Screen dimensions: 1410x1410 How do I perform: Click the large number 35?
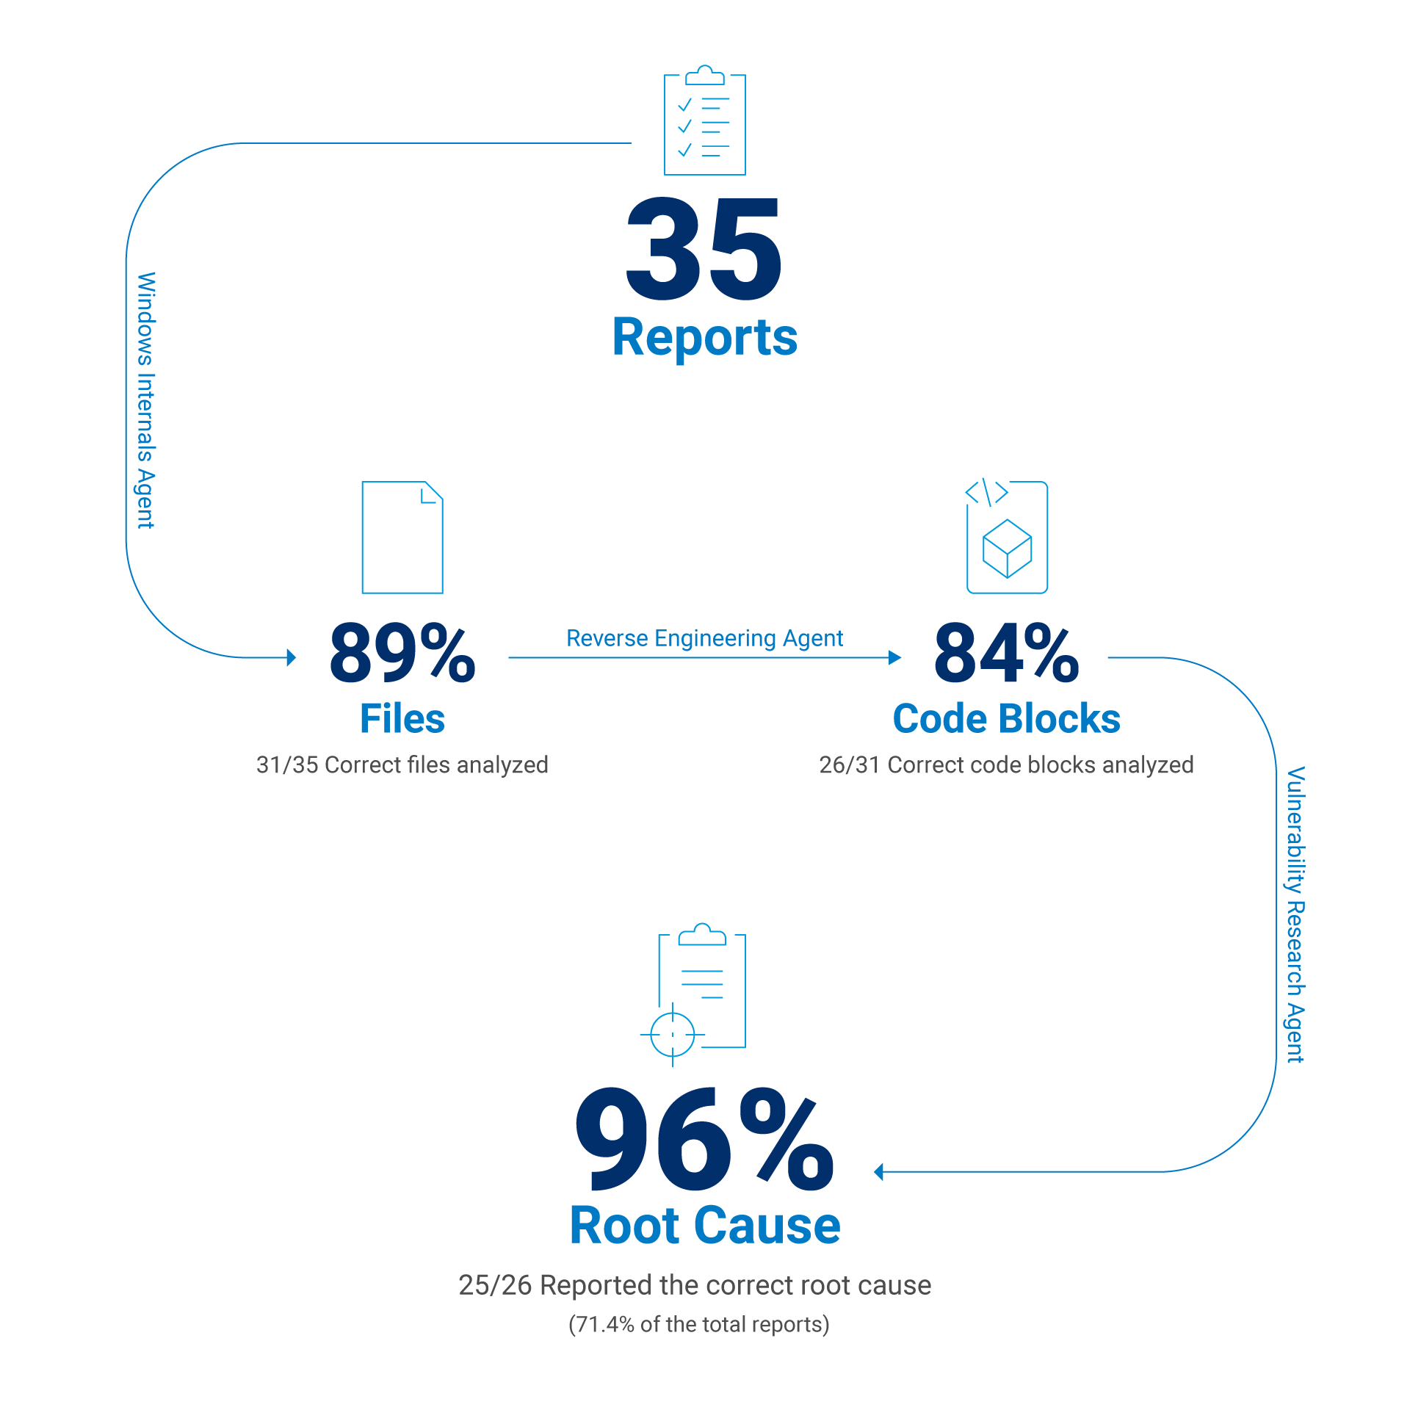click(704, 250)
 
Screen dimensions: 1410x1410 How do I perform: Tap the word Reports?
click(704, 338)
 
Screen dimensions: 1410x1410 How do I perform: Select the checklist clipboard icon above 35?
click(704, 121)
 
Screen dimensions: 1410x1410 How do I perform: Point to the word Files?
click(402, 718)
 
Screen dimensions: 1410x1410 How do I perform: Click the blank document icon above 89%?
click(402, 538)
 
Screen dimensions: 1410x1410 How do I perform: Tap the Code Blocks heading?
click(1006, 718)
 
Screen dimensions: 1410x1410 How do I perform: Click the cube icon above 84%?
click(1007, 549)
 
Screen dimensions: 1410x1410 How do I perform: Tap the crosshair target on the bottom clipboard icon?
click(673, 1034)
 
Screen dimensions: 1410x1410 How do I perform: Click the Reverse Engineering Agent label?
click(704, 638)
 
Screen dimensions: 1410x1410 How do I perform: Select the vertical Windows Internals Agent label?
click(145, 400)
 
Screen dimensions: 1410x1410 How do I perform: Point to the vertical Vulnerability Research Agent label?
click(1295, 914)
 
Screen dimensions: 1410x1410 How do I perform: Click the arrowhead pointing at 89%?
click(291, 657)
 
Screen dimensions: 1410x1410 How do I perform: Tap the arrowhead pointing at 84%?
click(895, 657)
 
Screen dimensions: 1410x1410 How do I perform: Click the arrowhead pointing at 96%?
click(879, 1172)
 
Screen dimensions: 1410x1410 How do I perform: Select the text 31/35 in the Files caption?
click(287, 765)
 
